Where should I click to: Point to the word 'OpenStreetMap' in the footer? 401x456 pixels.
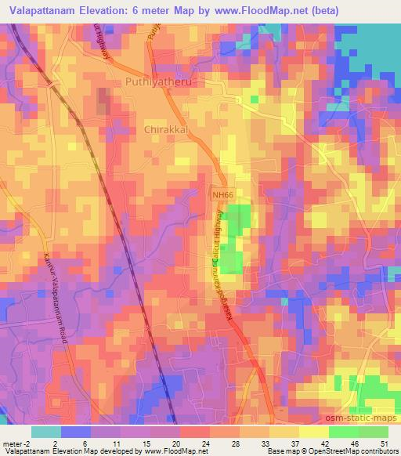tap(320, 451)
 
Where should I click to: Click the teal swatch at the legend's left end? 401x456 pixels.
tap(45, 430)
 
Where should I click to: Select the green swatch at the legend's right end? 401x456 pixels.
tap(373, 430)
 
